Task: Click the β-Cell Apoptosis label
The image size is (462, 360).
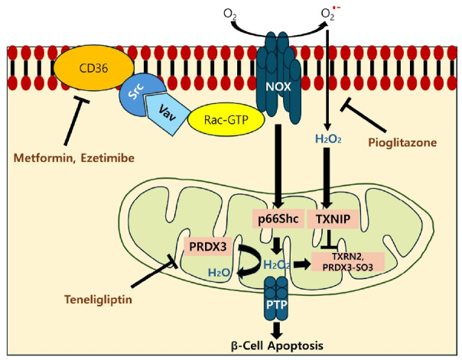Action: [279, 345]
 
